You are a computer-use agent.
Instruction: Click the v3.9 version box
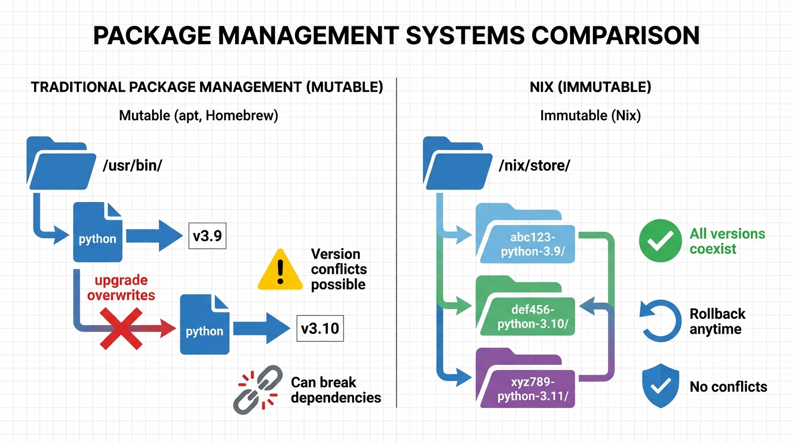pyautogui.click(x=207, y=236)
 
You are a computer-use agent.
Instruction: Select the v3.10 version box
pyautogui.click(x=320, y=329)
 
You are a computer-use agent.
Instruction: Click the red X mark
pyautogui.click(x=122, y=329)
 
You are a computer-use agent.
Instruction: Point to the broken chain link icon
pyautogui.click(x=258, y=390)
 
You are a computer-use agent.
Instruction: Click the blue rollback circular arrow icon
pyautogui.click(x=660, y=321)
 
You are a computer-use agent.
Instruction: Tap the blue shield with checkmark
pyautogui.click(x=660, y=386)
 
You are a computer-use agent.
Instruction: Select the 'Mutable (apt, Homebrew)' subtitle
pyautogui.click(x=198, y=116)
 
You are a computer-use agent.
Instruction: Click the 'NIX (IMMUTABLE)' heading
pyautogui.click(x=590, y=87)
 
